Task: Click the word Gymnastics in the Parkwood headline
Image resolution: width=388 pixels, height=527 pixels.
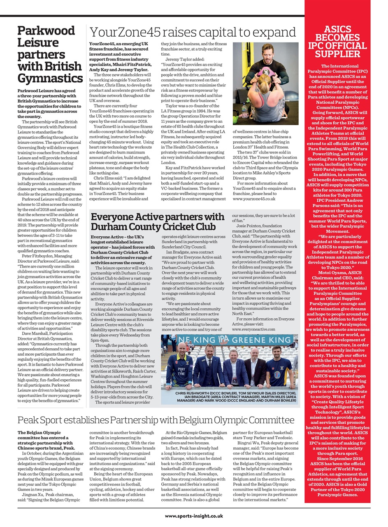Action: [50, 78]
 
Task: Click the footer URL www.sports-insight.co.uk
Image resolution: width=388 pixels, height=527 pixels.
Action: [194, 515]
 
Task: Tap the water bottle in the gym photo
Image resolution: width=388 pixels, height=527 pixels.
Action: [244, 111]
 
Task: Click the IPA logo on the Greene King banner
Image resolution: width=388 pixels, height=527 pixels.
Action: [238, 340]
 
